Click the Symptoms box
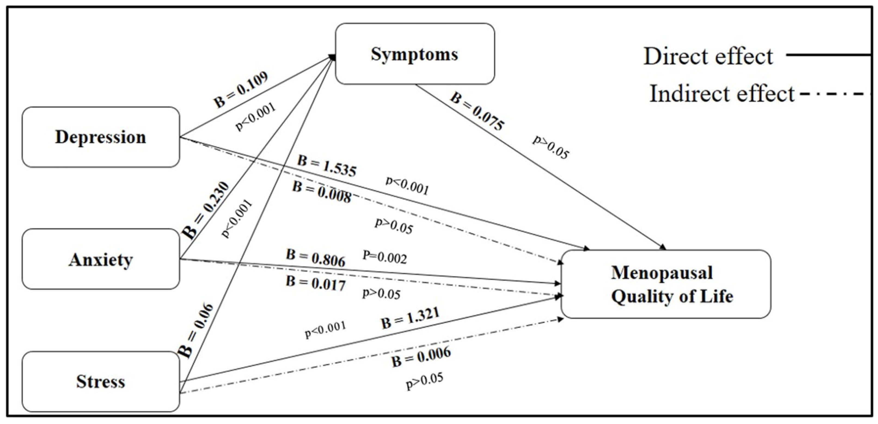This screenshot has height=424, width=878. [415, 54]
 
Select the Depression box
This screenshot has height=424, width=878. [100, 137]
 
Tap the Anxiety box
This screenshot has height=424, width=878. [100, 259]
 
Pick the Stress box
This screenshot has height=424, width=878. [100, 381]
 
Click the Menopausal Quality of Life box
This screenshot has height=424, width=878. [666, 284]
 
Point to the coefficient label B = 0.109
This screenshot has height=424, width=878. [240, 89]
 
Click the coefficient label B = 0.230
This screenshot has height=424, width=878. [206, 210]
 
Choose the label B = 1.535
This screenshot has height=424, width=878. [326, 166]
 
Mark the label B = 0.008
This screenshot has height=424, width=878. [322, 192]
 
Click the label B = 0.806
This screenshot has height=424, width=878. [315, 258]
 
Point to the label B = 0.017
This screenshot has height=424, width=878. [315, 284]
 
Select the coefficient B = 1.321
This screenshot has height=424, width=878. [410, 318]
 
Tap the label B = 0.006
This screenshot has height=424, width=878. [421, 357]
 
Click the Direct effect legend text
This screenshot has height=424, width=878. [708, 56]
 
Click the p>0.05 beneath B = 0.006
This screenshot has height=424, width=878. [425, 381]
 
